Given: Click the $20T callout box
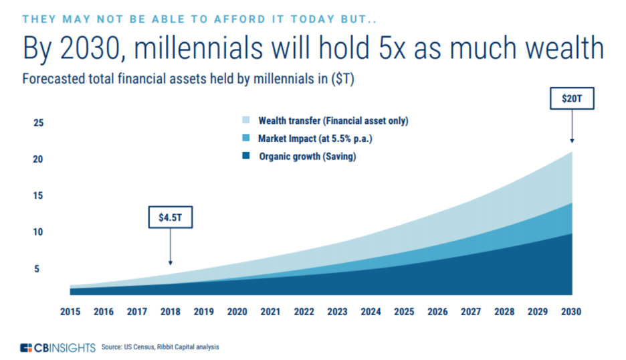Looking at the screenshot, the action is pos(572,98).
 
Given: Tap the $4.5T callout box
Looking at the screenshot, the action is pos(171,217).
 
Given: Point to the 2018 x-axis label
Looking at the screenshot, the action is pos(171,312).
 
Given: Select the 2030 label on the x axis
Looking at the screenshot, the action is pos(571,312).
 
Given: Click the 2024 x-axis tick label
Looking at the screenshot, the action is pos(371,312).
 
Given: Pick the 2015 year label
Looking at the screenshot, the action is pos(70,312).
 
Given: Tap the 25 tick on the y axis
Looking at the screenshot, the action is pos(38,122).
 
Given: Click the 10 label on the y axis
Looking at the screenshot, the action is pos(38,232).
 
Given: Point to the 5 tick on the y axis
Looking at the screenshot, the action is pos(37,269).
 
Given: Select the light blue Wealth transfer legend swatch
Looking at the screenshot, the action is pos(246,120).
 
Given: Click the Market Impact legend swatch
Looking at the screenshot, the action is pos(246,138).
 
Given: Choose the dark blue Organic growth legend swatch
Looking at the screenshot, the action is pos(246,155).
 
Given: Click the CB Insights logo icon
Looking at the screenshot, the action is pos(26,347).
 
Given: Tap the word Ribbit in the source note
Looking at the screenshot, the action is pos(165,347).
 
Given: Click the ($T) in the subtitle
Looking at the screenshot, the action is pos(342,79).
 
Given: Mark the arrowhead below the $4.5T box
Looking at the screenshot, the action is pos(171,262).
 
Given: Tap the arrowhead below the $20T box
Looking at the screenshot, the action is pos(572,141).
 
